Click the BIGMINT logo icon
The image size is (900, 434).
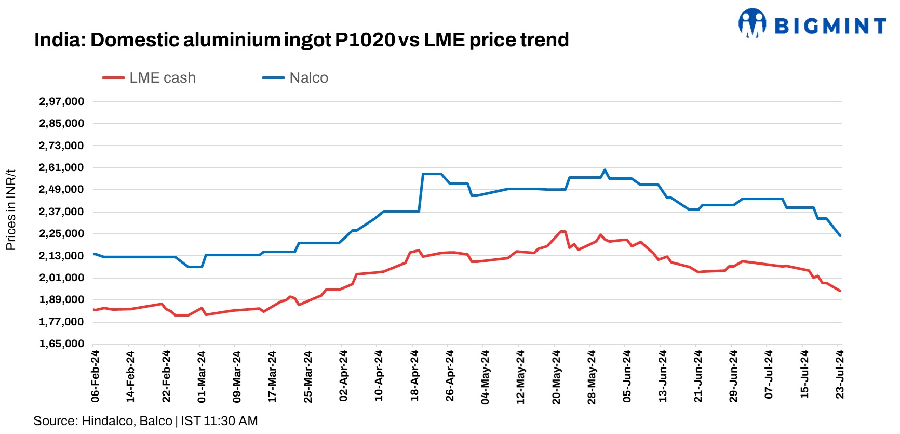(x=753, y=24)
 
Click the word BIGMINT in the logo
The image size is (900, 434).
(x=830, y=26)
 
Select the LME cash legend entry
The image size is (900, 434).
(x=150, y=78)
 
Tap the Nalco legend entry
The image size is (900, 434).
(x=295, y=78)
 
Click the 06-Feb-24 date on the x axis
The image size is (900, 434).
(x=95, y=376)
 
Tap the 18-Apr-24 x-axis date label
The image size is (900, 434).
(x=414, y=376)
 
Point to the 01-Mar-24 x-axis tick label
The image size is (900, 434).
(x=202, y=376)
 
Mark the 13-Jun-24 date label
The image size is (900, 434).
(x=663, y=376)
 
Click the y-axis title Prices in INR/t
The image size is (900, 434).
(x=11, y=210)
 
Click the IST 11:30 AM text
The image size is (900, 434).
(x=219, y=421)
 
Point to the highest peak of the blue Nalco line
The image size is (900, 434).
(x=605, y=170)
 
